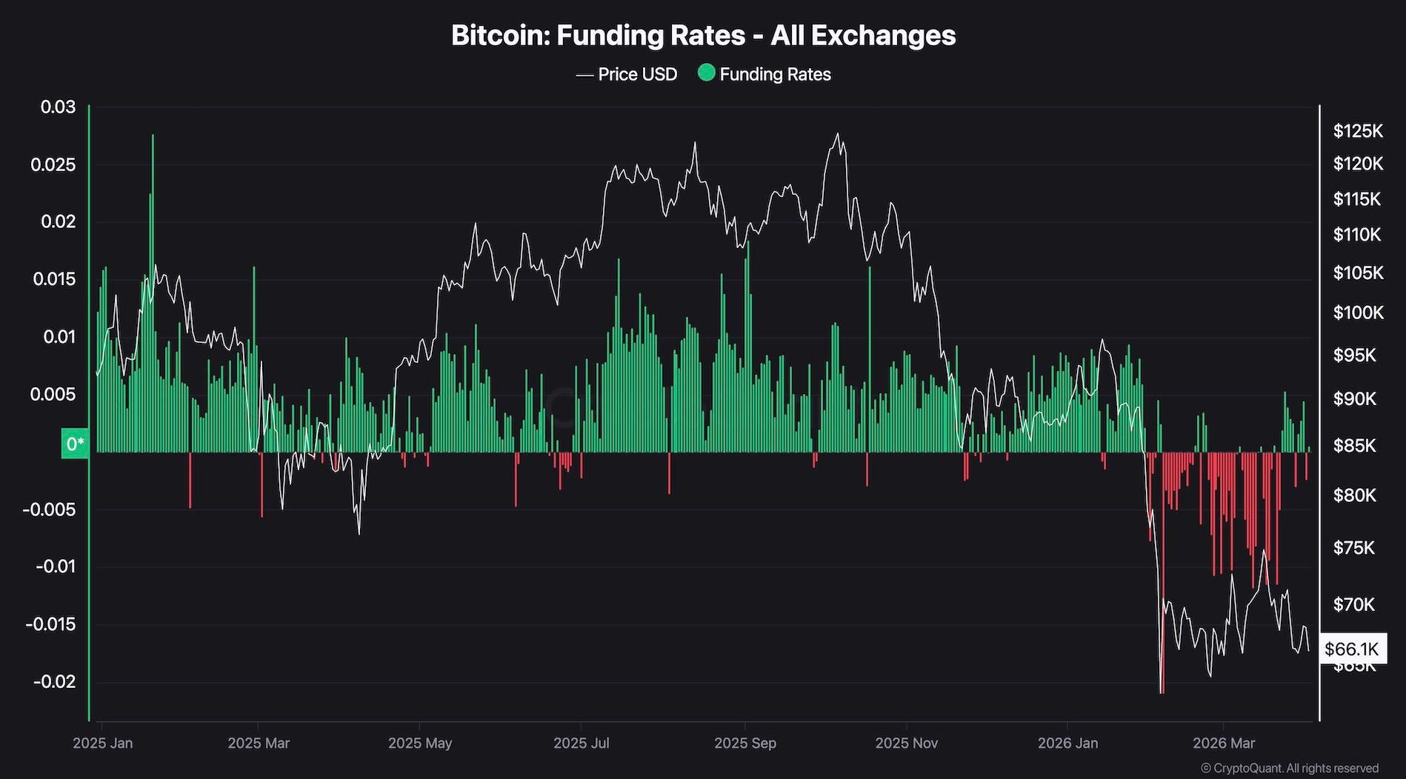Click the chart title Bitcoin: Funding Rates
pyautogui.click(x=703, y=36)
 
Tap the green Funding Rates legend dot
pyautogui.click(x=707, y=73)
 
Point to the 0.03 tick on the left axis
pyautogui.click(x=58, y=107)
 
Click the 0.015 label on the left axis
pyautogui.click(x=54, y=279)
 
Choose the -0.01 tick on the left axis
pyautogui.click(x=56, y=566)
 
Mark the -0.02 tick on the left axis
pyautogui.click(x=56, y=681)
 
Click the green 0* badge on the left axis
pyautogui.click(x=75, y=444)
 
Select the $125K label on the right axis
pyautogui.click(x=1357, y=131)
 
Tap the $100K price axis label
pyautogui.click(x=1357, y=312)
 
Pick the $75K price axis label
pyautogui.click(x=1353, y=548)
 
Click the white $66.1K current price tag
pyautogui.click(x=1352, y=649)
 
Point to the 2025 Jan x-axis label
pyautogui.click(x=103, y=743)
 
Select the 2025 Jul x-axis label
pyautogui.click(x=582, y=743)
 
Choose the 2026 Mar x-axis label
pyautogui.click(x=1224, y=743)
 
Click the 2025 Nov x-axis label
pyautogui.click(x=906, y=743)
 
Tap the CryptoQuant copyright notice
pyautogui.click(x=1289, y=769)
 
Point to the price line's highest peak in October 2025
pyautogui.click(x=838, y=134)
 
